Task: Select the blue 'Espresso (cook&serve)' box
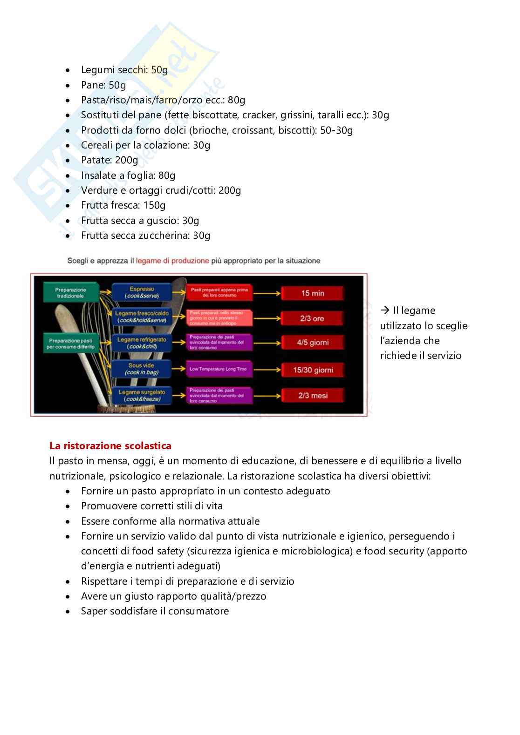pyautogui.click(x=142, y=293)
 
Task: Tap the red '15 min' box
pyautogui.click(x=312, y=293)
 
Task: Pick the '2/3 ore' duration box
pyautogui.click(x=312, y=319)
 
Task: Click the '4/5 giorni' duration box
pyautogui.click(x=312, y=343)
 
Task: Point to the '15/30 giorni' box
pyautogui.click(x=313, y=370)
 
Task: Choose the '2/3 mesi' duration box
pyautogui.click(x=313, y=396)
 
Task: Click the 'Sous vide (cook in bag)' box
pyautogui.click(x=142, y=369)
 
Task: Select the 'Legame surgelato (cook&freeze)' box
pyautogui.click(x=142, y=396)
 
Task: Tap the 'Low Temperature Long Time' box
pyautogui.click(x=219, y=369)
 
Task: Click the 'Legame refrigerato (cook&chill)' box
pyautogui.click(x=142, y=343)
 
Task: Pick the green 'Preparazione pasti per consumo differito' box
pyautogui.click(x=71, y=344)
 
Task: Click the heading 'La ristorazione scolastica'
pyautogui.click(x=110, y=446)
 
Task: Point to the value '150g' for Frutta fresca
pyautogui.click(x=154, y=205)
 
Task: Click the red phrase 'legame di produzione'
pyautogui.click(x=172, y=261)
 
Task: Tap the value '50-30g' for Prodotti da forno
pyautogui.click(x=336, y=130)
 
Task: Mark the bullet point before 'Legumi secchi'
pyautogui.click(x=69, y=70)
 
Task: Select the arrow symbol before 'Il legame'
pyautogui.click(x=384, y=310)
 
